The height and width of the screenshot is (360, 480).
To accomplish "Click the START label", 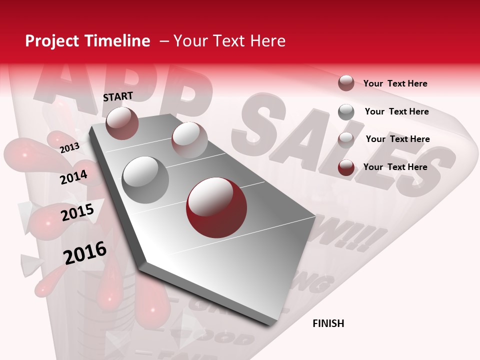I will coord(118,96).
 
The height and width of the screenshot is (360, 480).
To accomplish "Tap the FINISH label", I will coord(328,323).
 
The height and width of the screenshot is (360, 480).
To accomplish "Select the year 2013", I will coord(69,147).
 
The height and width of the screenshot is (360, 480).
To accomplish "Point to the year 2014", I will coord(73,177).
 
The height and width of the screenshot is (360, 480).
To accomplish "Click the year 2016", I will coord(85,252).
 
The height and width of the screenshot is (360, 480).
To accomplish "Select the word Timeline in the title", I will coord(118,41).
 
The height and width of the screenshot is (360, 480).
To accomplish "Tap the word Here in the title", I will coord(267,41).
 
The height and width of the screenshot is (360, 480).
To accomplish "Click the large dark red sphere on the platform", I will coord(216,207).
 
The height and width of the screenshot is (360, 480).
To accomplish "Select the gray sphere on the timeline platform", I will coord(145,179).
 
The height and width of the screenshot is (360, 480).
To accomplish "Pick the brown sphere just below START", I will coord(122,123).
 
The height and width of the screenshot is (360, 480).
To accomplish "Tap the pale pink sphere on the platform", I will coord(189,140).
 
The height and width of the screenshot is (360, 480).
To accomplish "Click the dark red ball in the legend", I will coord(346,167).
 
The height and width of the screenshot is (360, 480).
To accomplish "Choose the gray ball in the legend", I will coord(346,112).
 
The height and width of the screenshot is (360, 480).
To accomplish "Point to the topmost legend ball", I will coord(346,83).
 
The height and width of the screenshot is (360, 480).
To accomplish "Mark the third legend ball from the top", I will coord(346,140).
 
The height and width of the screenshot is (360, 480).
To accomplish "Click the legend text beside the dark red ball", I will coord(395,167).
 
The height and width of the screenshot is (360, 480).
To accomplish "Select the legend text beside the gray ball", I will coord(396,111).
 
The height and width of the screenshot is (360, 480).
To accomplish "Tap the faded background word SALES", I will coord(345,145).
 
